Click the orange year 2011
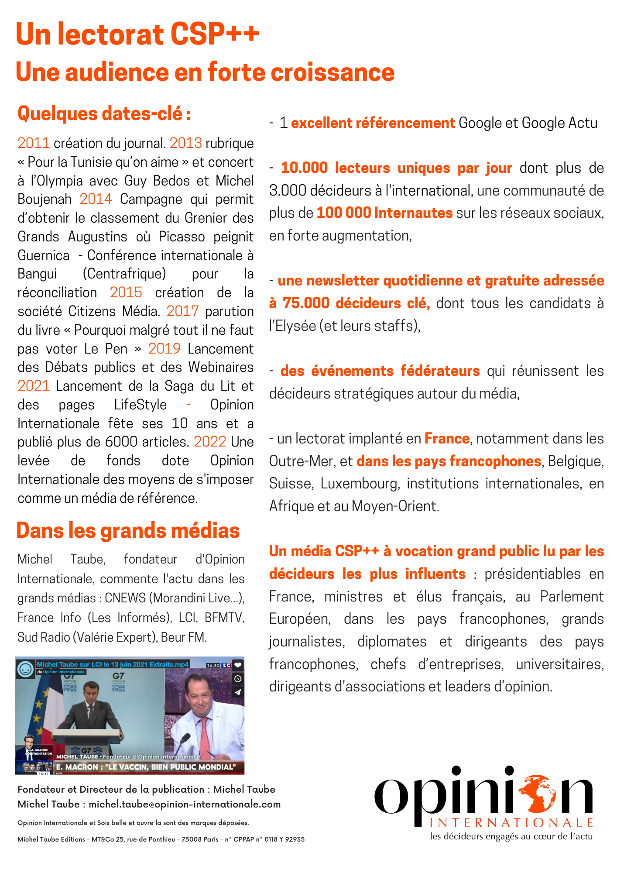pos(33,143)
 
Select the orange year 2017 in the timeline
pos(182,311)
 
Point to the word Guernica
pos(43,255)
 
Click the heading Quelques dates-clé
pos(104,113)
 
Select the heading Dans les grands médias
pos(128,531)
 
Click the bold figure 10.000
pos(304,168)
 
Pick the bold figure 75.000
pos(305,303)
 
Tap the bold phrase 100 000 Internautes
pos(384,213)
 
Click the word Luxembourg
pos(360,484)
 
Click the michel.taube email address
pos(185,804)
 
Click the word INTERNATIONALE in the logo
pos(511,823)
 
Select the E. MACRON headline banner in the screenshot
pos(146,767)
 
